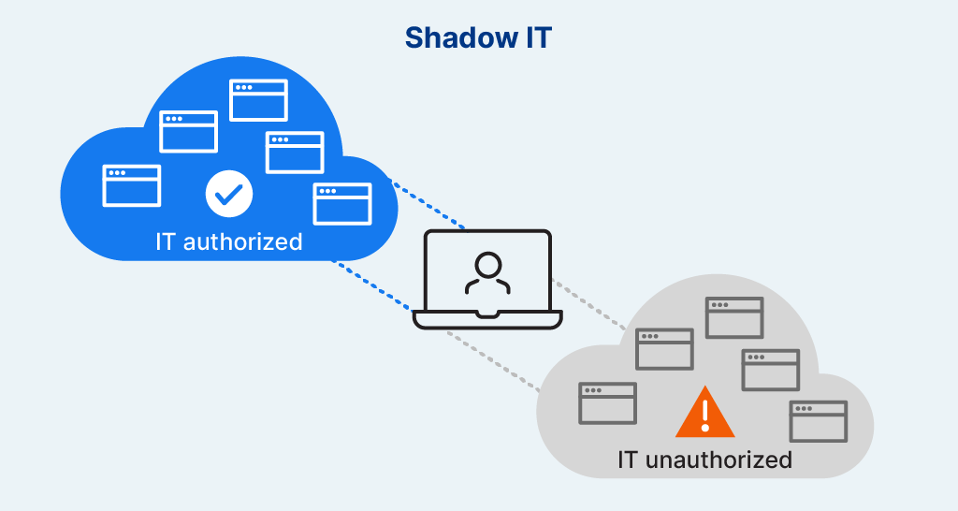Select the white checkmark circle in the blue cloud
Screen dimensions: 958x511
229,194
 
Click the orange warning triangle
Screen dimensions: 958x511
705,412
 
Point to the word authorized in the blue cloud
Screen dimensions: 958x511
243,241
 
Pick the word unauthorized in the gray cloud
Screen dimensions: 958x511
718,460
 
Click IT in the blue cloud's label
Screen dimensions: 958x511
165,241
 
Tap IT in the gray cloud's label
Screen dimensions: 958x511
628,460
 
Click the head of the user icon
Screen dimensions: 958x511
488,265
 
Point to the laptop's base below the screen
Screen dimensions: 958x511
487,320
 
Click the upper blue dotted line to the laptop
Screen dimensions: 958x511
428,205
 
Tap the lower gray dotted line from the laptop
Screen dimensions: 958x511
494,361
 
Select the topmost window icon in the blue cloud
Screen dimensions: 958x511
258,100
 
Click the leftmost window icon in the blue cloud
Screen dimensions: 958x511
131,186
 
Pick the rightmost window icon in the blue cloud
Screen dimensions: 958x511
342,204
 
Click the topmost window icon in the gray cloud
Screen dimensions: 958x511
734,318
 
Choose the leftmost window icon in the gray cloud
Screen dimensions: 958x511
608,403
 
